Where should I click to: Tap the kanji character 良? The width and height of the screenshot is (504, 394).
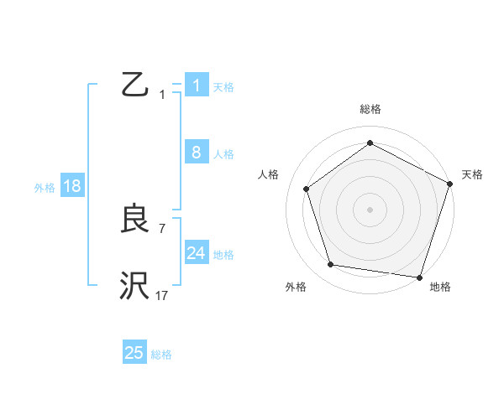pyautogui.click(x=135, y=220)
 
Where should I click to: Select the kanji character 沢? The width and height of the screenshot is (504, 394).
pyautogui.click(x=135, y=286)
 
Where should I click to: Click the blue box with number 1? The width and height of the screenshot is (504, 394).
pyautogui.click(x=197, y=86)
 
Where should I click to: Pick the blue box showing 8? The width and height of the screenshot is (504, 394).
pyautogui.click(x=197, y=153)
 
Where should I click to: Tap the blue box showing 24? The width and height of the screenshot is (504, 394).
pyautogui.click(x=197, y=253)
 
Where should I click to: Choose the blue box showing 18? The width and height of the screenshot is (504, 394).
pyautogui.click(x=72, y=186)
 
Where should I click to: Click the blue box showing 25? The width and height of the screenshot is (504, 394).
pyautogui.click(x=134, y=353)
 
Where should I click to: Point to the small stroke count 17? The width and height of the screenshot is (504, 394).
pyautogui.click(x=162, y=295)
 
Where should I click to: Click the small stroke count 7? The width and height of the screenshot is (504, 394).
pyautogui.click(x=162, y=228)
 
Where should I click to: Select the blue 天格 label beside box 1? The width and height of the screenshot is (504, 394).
pyautogui.click(x=223, y=86)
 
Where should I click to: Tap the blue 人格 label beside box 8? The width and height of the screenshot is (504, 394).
pyautogui.click(x=223, y=154)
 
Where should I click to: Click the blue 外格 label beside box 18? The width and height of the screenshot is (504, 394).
pyautogui.click(x=45, y=188)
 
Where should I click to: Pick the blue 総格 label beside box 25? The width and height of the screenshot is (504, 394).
pyautogui.click(x=161, y=355)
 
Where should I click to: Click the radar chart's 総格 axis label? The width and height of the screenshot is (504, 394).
pyautogui.click(x=370, y=109)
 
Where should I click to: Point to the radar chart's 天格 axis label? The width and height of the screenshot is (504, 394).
pyautogui.click(x=472, y=174)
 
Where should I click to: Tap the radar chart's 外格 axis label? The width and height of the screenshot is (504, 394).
pyautogui.click(x=296, y=287)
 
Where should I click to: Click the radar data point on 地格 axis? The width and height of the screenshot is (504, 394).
pyautogui.click(x=419, y=277)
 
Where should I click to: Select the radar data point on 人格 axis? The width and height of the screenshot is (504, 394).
pyautogui.click(x=307, y=189)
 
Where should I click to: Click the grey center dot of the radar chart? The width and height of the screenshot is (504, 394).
pyautogui.click(x=370, y=209)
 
